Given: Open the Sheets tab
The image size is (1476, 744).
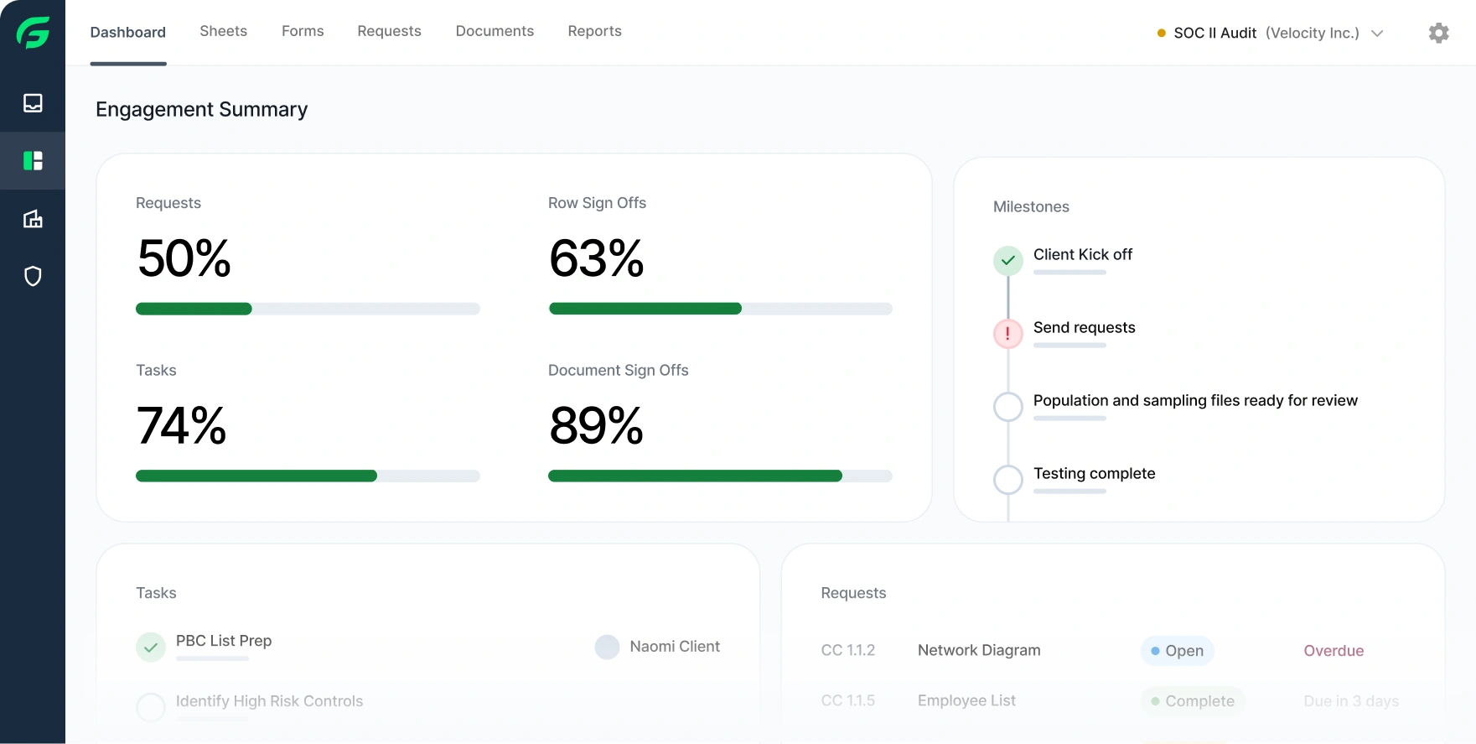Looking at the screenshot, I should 223,31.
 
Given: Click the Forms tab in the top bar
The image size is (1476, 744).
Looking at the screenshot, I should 303,31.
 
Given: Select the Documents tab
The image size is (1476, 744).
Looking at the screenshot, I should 495,31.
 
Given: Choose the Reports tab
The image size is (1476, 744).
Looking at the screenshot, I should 594,31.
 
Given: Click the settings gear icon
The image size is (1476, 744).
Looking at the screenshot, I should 1438,33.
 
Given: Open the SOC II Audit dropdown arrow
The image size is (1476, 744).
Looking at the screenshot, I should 1377,34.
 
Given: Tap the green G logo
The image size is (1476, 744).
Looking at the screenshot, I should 33,33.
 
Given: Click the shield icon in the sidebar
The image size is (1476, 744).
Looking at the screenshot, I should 33,276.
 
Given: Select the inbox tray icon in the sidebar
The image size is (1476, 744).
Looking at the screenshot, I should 33,102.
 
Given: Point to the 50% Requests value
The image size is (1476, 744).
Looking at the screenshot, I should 184,258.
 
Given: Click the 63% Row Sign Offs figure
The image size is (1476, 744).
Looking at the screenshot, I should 596,258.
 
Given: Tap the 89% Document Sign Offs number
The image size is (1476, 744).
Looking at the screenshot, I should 596,425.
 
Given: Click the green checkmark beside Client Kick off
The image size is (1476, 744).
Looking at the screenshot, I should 1008,260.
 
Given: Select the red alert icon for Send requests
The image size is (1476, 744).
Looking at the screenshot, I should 1008,334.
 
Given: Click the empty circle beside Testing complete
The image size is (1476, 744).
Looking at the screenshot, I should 1008,480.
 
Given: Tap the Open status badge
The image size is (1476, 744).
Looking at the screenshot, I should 1177,651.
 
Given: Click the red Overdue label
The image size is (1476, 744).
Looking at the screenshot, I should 1334,651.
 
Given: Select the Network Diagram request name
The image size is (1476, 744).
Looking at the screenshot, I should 979,650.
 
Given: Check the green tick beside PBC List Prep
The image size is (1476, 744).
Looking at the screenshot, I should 151,647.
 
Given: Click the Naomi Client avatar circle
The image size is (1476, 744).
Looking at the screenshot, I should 607,647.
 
